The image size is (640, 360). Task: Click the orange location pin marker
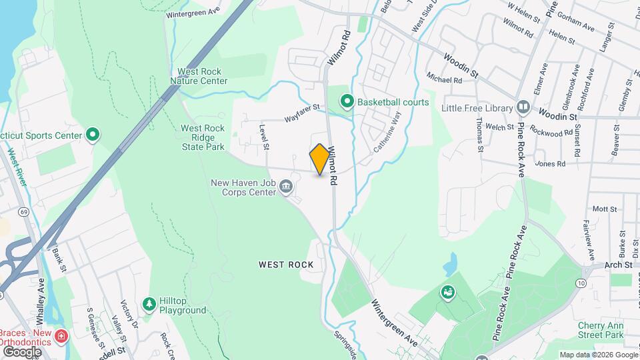click(x=320, y=159)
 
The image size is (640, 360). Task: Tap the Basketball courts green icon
click(x=347, y=102)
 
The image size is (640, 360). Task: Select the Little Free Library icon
click(x=523, y=107)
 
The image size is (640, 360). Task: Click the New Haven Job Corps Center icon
click(x=287, y=185)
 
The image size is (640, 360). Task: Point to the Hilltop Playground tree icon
click(x=149, y=304)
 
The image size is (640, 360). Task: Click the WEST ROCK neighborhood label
click(x=286, y=265)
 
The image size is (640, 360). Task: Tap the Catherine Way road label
click(x=387, y=133)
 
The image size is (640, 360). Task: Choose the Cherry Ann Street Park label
click(x=601, y=329)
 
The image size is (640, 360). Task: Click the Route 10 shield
click(x=582, y=284)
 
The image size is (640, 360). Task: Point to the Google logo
click(x=22, y=351)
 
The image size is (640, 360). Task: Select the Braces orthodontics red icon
click(x=61, y=335)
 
